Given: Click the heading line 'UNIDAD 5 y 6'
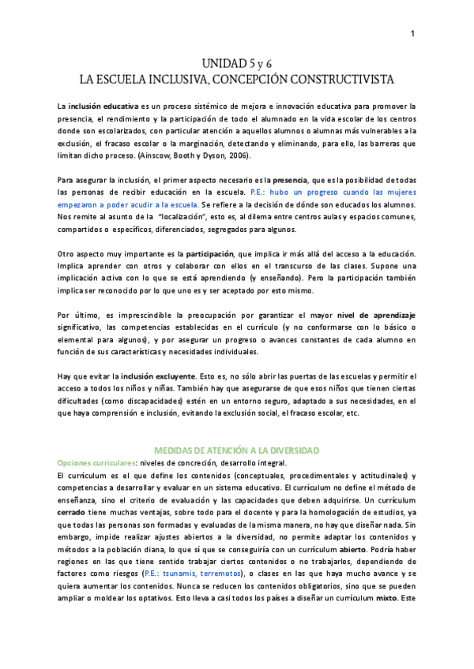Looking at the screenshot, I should (236, 63).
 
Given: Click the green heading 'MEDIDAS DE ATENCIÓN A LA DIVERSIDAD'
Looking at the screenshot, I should (237, 450).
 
